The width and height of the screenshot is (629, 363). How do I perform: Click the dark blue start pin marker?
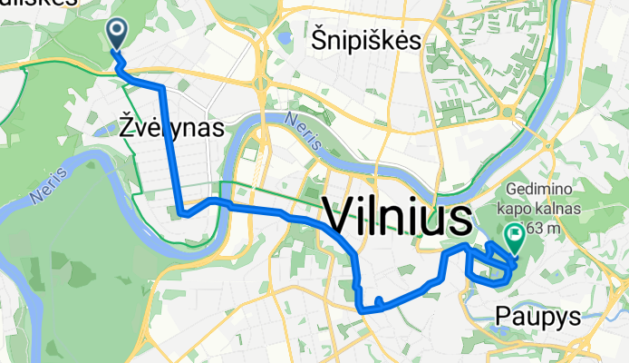tap(119, 34)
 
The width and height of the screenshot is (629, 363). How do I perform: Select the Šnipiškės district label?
tap(367, 40)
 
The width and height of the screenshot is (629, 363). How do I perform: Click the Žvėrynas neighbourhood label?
tap(171, 128)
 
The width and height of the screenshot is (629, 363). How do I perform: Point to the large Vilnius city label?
tap(398, 219)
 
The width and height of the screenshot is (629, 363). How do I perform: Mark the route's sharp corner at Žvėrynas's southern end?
tap(184, 214)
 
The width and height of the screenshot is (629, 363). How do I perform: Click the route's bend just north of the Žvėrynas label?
tap(161, 88)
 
